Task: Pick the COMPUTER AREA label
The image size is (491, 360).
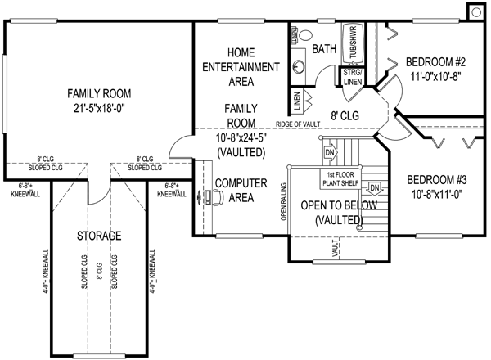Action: [x=240, y=189]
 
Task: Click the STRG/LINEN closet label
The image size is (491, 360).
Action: [x=353, y=76]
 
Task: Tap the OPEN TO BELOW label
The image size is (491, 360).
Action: [x=339, y=205]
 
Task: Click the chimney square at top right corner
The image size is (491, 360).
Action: [x=475, y=10]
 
